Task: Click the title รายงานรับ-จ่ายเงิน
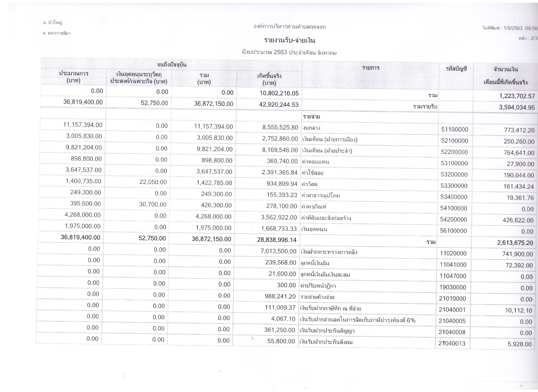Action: [x=289, y=40]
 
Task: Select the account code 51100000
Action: [x=454, y=130]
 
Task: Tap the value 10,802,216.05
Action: [x=278, y=93]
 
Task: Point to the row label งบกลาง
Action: [x=311, y=128]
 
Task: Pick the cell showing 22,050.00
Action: [x=153, y=182]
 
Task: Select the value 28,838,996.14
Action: [x=277, y=240]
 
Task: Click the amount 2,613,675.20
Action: [x=515, y=243]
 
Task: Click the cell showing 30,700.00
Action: [x=153, y=205]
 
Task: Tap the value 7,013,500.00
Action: [x=278, y=251]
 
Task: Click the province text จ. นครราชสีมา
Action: [x=57, y=33]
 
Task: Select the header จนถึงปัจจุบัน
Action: [x=172, y=65]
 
